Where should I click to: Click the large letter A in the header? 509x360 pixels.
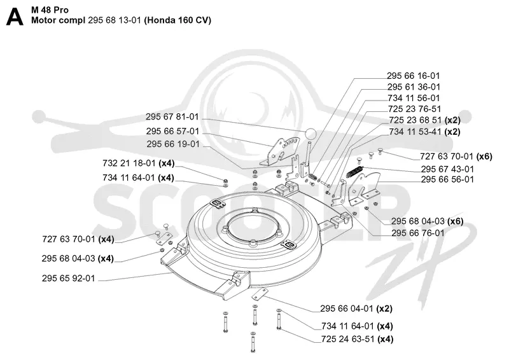coord(15,17)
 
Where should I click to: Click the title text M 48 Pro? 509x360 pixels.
coord(50,10)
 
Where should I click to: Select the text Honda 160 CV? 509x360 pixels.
coord(178,20)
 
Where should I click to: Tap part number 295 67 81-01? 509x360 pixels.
coord(172,117)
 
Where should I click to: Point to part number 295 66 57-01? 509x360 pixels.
coord(172,131)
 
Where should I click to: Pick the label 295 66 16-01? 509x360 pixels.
coord(413,76)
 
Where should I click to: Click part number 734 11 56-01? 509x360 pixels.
coord(414,98)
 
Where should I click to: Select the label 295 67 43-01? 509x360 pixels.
coord(447,169)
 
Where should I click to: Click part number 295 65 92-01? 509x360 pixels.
coord(69,279)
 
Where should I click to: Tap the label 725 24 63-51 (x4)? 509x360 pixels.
coord(357,339)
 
